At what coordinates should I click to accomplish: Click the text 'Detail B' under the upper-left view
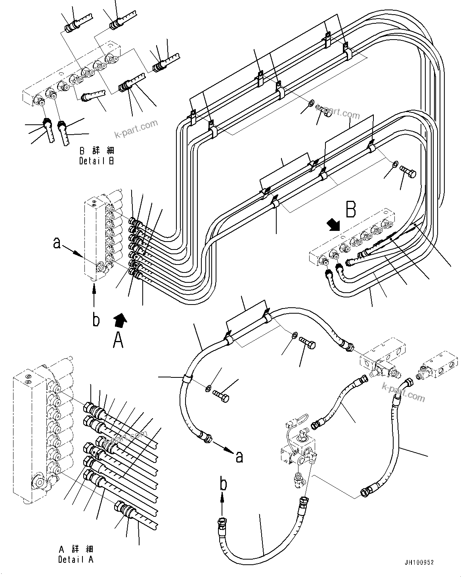tap(97, 161)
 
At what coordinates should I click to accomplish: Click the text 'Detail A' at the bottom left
tap(76, 560)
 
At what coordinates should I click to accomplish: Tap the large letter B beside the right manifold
tap(351, 209)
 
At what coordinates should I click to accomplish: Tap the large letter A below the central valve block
tap(118, 340)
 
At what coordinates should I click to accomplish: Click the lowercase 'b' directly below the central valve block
tap(96, 319)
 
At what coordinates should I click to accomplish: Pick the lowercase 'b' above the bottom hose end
tap(224, 484)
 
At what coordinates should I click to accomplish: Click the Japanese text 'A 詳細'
tap(76, 549)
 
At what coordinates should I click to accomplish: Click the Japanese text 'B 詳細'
tap(97, 151)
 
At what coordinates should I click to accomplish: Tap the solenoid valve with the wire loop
tap(297, 449)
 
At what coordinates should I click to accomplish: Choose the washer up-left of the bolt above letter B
tap(395, 164)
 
